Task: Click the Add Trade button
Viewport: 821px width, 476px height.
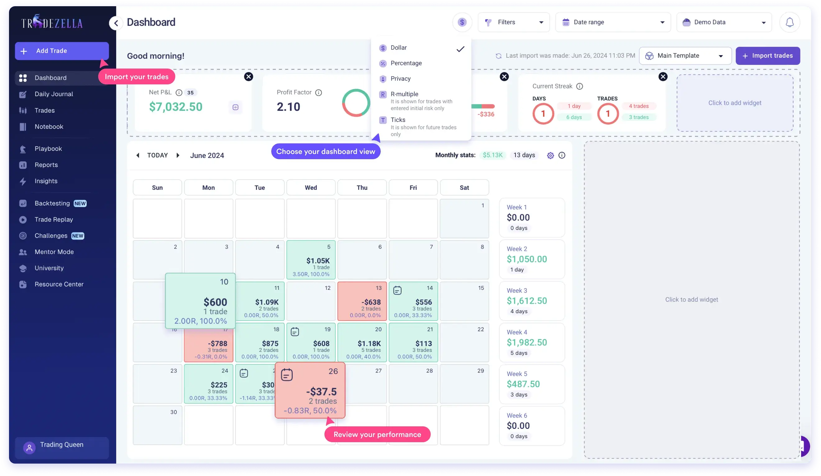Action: coord(62,51)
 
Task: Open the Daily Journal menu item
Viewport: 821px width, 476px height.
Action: coord(54,94)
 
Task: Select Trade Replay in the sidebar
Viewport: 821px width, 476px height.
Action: coord(54,220)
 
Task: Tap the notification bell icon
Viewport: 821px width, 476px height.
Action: coord(789,22)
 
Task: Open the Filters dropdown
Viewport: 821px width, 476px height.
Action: coord(513,22)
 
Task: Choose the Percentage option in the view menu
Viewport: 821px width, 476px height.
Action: coord(406,63)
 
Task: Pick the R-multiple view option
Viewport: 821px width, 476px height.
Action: coord(404,94)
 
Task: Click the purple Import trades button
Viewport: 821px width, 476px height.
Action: coord(768,56)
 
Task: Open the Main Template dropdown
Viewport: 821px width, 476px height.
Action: coord(685,56)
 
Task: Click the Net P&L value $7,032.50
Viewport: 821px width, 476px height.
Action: coord(176,107)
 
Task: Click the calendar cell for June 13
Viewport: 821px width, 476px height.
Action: coord(362,301)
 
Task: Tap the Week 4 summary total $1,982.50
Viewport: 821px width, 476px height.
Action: coord(526,342)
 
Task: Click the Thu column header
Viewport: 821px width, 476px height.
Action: coord(362,188)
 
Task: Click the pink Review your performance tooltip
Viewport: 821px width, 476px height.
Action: coord(377,434)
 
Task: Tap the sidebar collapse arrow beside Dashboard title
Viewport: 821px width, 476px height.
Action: coord(116,23)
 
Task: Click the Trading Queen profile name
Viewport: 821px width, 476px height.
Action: coord(62,445)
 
